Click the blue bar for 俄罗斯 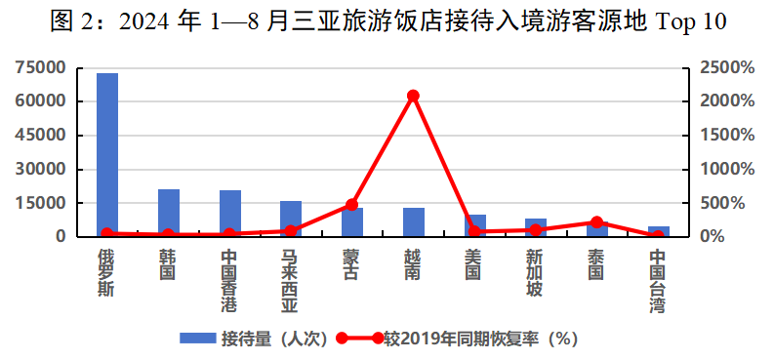tap(107, 154)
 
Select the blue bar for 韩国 tap(169, 213)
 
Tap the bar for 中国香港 tap(229, 214)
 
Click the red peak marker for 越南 tap(413, 96)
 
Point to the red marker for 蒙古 tap(351, 205)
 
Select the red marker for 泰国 tap(596, 222)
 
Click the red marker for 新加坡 tap(535, 230)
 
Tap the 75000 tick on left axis tap(41, 67)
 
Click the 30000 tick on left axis tap(41, 169)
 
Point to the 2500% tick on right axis tap(726, 67)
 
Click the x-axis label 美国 tap(473, 264)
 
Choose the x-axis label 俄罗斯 tap(107, 272)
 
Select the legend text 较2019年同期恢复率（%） tap(481, 339)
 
